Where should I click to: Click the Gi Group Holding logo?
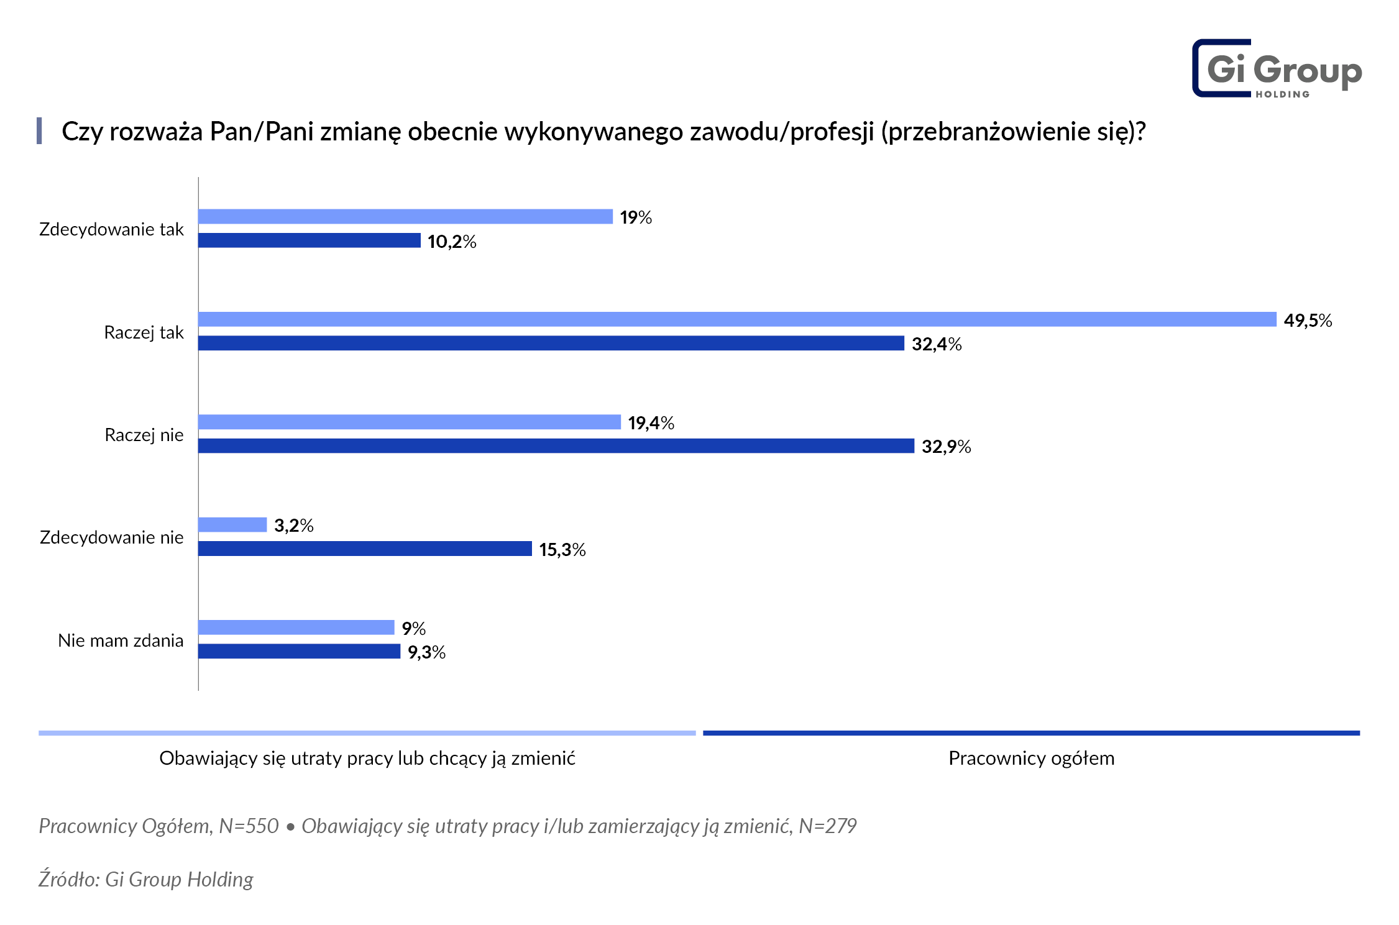pos(1277,69)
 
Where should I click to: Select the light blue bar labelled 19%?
pos(405,216)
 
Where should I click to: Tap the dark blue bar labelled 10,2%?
pos(309,240)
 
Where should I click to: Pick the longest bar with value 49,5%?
pos(736,319)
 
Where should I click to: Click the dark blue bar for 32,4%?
pos(551,343)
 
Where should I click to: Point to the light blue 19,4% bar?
pos(409,422)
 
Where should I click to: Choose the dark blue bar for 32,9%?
pos(556,445)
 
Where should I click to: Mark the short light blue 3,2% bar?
pos(232,525)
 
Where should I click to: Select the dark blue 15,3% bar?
pos(365,549)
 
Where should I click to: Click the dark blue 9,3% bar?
pos(299,651)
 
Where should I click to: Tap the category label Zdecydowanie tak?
pos(111,229)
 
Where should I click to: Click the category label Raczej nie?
pos(144,435)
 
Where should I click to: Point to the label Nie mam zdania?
pos(121,640)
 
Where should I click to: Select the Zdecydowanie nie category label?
pos(111,537)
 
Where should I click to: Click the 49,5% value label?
pos(1308,321)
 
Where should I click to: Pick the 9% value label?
pos(413,629)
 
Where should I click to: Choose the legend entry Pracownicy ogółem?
pos(1031,759)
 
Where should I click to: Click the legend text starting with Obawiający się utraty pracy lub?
pos(367,759)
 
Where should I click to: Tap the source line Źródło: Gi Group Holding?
pos(146,880)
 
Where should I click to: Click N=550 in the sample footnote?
pos(249,826)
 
